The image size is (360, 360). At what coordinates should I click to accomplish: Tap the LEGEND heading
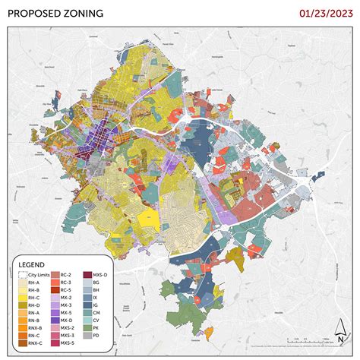coord(32,266)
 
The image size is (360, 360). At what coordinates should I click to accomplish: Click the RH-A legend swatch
coord(22,283)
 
